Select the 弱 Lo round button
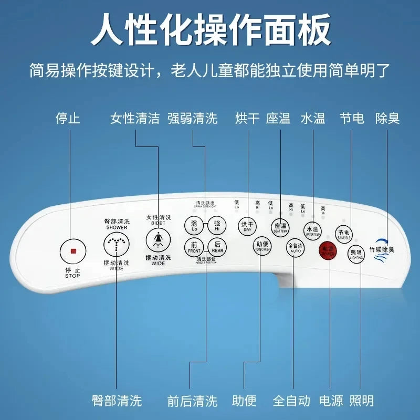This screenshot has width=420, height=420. pos(194,226)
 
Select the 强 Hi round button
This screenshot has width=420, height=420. pos(217,226)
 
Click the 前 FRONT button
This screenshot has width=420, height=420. pos(194,247)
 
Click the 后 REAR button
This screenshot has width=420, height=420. pos(217,247)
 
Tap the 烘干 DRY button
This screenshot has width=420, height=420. pos(247,226)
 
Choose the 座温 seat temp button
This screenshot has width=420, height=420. pos(280,227)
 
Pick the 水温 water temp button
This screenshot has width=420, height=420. pos(312,229)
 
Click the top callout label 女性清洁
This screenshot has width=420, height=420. pos(135,118)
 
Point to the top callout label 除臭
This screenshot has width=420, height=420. pos(387,118)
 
